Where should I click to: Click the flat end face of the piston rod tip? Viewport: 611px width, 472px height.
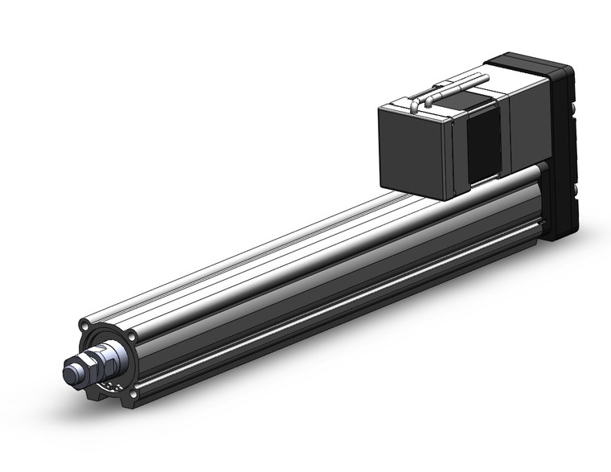pyautogui.click(x=70, y=372)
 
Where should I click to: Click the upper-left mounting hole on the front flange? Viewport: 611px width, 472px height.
pyautogui.click(x=84, y=326)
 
